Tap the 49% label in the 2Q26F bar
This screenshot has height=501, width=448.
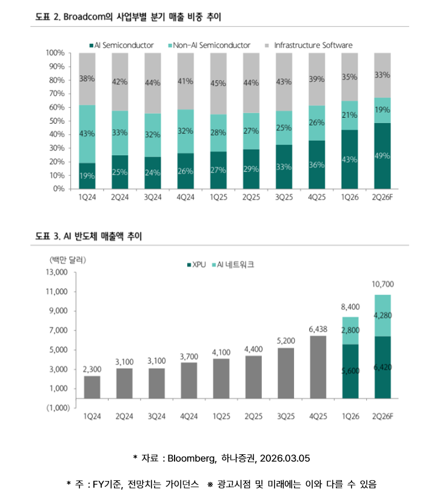pos(382,155)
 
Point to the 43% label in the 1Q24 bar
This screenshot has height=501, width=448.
pos(87,133)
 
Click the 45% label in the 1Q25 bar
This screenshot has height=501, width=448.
pos(218,83)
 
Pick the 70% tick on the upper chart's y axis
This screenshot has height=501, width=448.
pos(56,93)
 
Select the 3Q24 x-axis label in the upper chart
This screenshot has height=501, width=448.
pos(152,197)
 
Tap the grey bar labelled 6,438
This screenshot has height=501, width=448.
pos(318,367)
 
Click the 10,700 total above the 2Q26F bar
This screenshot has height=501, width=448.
pos(382,284)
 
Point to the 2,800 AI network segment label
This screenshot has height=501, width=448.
pos(350,330)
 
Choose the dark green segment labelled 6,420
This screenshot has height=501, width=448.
pos(382,368)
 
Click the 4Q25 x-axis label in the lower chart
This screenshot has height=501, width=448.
pos(318,417)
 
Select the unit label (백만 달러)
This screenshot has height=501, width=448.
pos(67,260)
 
